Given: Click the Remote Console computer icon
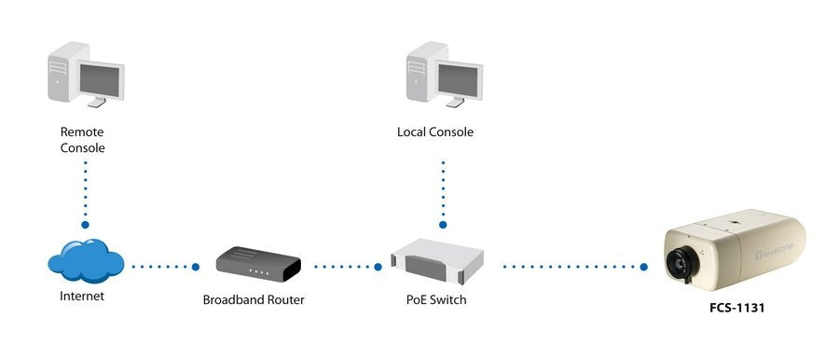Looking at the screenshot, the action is click(x=86, y=75).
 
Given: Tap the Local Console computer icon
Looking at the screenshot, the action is click(x=444, y=75).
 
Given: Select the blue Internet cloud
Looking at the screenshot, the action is click(x=86, y=261).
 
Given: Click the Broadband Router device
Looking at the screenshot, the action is click(x=258, y=264).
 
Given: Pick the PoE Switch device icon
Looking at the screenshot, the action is click(x=437, y=261).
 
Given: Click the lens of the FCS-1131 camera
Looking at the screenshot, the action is click(x=679, y=263).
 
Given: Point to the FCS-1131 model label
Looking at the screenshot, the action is click(x=736, y=308).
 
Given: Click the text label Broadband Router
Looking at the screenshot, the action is click(x=254, y=299).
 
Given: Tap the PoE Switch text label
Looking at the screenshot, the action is click(x=436, y=299).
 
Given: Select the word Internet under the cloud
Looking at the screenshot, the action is click(x=82, y=296).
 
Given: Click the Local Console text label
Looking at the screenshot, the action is click(x=435, y=132).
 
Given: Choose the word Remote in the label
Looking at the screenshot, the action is click(x=82, y=132).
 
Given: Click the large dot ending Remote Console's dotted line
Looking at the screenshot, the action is click(x=85, y=225).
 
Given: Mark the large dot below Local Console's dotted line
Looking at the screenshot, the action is click(x=443, y=225).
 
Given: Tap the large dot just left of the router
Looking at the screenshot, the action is click(x=196, y=267).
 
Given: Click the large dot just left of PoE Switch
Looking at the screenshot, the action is click(x=378, y=267).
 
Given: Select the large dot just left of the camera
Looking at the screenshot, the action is click(x=643, y=267).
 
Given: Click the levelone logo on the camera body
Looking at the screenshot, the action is click(x=775, y=250).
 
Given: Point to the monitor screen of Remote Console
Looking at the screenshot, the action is click(x=100, y=81).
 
